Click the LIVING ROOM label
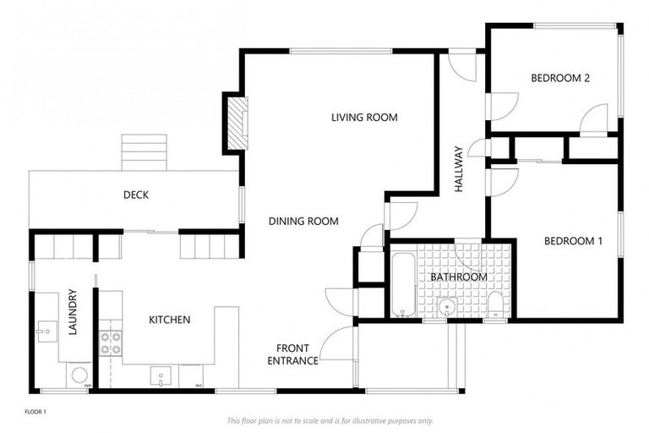coord(364,118)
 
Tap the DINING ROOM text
coord(303,222)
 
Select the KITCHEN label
coord(169,320)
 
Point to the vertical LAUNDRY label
coord(73,313)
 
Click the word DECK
coord(136,195)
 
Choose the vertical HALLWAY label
coord(459,169)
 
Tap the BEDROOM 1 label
coord(572,241)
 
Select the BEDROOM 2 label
coord(559,79)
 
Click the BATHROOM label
coord(458,277)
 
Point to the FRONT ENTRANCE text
coord(293,354)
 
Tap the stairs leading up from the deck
coord(145,152)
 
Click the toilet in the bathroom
coord(495,305)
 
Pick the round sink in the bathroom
coord(446,306)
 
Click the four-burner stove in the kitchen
coord(111,343)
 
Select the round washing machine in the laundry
coord(80,373)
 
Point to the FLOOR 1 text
coord(35,412)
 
